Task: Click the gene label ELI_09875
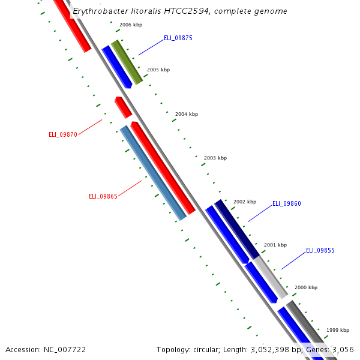click(178, 38)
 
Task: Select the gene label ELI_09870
click(63, 134)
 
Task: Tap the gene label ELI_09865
click(103, 196)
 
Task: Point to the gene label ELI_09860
click(287, 204)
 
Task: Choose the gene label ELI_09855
click(320, 250)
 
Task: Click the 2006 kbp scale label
click(131, 25)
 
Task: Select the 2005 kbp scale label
click(158, 70)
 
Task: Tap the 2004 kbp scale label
click(187, 114)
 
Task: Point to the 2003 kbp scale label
click(215, 158)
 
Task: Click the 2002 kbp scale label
click(245, 202)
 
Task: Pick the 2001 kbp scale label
click(275, 245)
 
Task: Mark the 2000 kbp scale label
click(305, 287)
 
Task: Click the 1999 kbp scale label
click(338, 330)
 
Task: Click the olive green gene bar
click(127, 62)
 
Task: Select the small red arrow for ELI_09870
click(123, 107)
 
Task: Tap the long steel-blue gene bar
click(153, 173)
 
